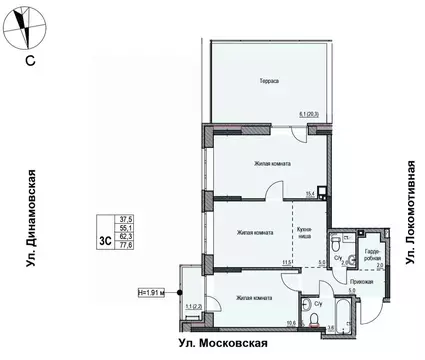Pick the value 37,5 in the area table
126,219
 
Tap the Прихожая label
363,283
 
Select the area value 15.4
310,193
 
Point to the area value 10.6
291,322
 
